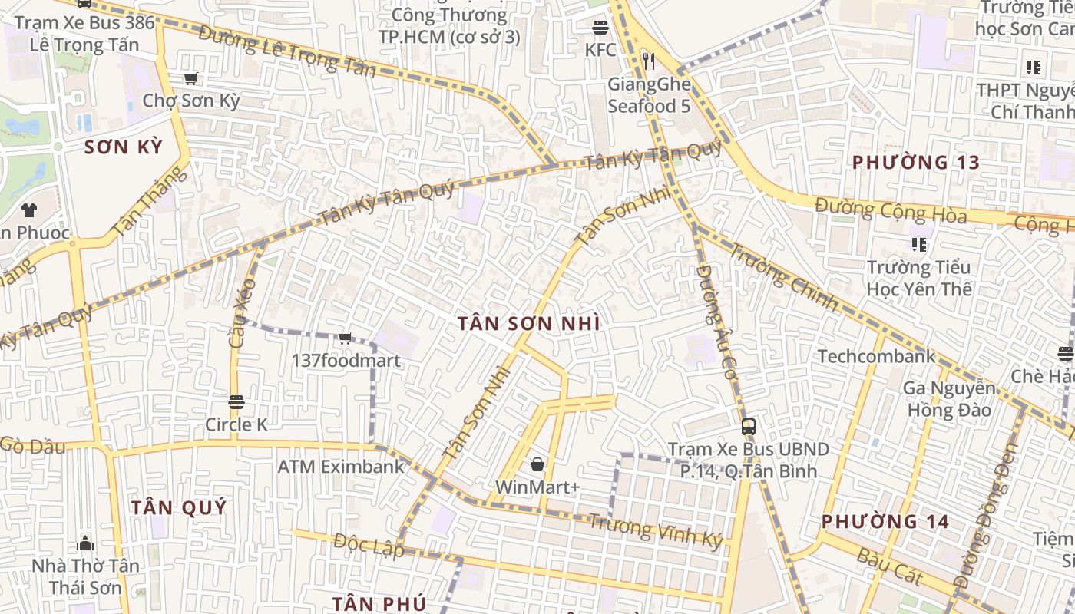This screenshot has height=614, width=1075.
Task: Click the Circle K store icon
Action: (x=236, y=401)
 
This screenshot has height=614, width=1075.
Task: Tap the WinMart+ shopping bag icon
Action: (x=537, y=464)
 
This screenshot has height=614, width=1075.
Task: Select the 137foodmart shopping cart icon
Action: (x=346, y=338)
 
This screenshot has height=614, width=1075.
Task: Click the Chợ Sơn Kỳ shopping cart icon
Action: (x=190, y=78)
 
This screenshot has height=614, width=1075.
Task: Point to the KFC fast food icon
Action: (x=600, y=28)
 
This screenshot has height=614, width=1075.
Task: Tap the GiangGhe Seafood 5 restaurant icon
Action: (x=649, y=61)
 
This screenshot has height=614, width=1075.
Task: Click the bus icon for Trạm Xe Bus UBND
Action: (x=748, y=427)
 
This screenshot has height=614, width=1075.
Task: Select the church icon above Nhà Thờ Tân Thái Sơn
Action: (x=85, y=543)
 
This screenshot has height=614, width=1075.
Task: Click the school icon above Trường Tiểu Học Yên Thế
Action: (x=918, y=245)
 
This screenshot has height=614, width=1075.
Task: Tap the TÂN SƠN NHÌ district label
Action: (x=528, y=324)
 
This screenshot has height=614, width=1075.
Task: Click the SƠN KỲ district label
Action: (x=124, y=147)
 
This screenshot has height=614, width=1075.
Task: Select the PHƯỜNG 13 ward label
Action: (x=916, y=163)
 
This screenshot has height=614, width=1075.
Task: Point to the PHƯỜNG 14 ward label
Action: (x=885, y=522)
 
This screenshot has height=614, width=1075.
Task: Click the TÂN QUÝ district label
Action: (x=179, y=507)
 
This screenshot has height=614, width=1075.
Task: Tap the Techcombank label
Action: (x=876, y=356)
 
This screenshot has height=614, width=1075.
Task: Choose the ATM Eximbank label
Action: (x=340, y=466)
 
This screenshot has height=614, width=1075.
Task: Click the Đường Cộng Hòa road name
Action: (x=891, y=211)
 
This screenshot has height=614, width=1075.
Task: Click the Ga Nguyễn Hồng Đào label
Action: (x=948, y=399)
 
